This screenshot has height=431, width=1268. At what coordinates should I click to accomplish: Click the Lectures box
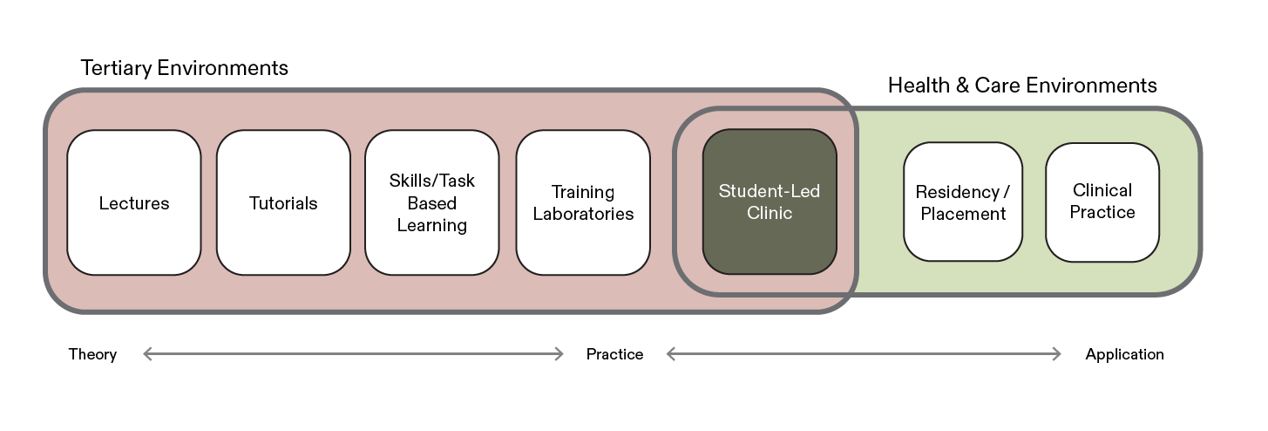134,202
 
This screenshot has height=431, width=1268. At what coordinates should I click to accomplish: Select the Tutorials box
283,202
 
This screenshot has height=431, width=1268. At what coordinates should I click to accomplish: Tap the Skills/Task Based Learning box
432,202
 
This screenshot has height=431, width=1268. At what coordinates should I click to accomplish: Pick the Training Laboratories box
583,202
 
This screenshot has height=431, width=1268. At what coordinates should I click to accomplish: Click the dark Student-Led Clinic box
770,202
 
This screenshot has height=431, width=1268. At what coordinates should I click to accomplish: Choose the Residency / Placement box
963,202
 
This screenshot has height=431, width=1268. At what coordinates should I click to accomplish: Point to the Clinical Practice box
1102,202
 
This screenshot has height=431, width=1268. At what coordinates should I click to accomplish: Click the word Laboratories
583,214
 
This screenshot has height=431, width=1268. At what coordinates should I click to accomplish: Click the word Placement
963,214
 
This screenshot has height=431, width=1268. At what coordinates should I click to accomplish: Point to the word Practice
1102,212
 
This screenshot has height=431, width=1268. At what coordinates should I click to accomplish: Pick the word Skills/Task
432,181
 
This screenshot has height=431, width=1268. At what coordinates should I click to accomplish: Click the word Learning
432,225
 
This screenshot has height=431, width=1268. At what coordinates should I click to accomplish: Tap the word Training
583,192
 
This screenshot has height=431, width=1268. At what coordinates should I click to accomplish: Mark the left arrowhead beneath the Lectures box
146,353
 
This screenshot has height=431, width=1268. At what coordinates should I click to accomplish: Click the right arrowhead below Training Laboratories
561,353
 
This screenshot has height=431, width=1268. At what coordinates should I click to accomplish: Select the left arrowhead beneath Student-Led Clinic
669,353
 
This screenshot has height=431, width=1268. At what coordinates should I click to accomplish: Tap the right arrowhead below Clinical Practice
1059,353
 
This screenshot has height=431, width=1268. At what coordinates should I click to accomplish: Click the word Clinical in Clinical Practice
1102,190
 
